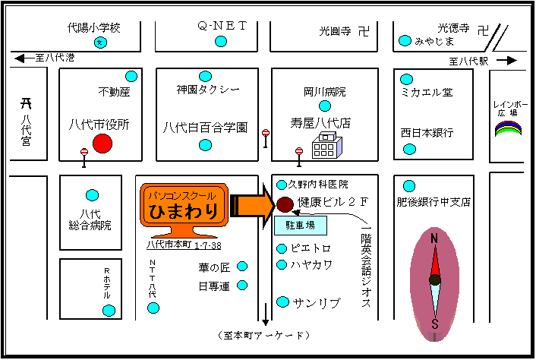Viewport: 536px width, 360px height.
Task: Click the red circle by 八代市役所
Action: (102, 144)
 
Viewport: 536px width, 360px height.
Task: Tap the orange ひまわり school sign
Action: (184, 207)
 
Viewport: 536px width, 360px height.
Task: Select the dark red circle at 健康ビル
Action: (285, 204)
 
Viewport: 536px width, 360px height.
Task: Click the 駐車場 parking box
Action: (299, 226)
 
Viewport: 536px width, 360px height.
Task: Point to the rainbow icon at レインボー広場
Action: (508, 130)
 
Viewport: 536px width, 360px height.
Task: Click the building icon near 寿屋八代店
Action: (326, 145)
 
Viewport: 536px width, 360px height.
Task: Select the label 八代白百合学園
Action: (205, 128)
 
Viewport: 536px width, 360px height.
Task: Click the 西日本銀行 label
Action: (427, 133)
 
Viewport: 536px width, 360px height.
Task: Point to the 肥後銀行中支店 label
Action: (434, 202)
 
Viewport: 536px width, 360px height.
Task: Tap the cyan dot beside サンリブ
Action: (283, 302)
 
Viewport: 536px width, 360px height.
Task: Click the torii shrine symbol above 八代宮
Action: (26, 104)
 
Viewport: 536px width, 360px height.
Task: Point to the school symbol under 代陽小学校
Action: (98, 43)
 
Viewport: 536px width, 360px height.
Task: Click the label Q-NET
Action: (223, 26)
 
